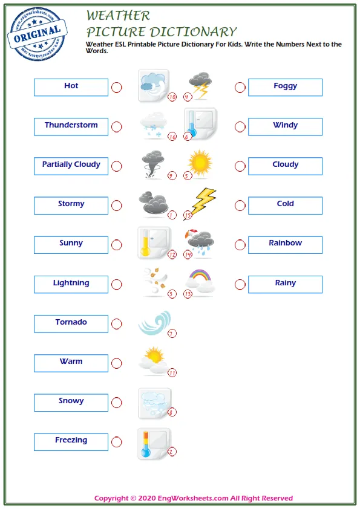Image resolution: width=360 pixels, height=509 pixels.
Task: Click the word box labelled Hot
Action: pos(71,87)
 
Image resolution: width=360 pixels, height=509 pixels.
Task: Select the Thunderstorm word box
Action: pos(71,126)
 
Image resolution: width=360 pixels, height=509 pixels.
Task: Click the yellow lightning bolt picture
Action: pos(200,203)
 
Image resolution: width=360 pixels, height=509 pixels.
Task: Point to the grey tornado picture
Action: pos(153,164)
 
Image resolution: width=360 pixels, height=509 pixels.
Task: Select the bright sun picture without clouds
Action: pos(200,163)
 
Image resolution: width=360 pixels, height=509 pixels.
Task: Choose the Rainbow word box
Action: pos(285,244)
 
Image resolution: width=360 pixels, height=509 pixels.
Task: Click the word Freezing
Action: pos(71,441)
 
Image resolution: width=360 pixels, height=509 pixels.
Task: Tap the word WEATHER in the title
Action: pos(118,16)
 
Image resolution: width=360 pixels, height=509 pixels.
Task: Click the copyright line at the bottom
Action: pos(193,498)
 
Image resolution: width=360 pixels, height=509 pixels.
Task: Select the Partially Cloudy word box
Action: pos(71,166)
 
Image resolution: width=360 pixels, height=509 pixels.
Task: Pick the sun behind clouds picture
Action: pos(152,360)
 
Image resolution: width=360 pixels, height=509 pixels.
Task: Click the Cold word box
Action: pos(285,205)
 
